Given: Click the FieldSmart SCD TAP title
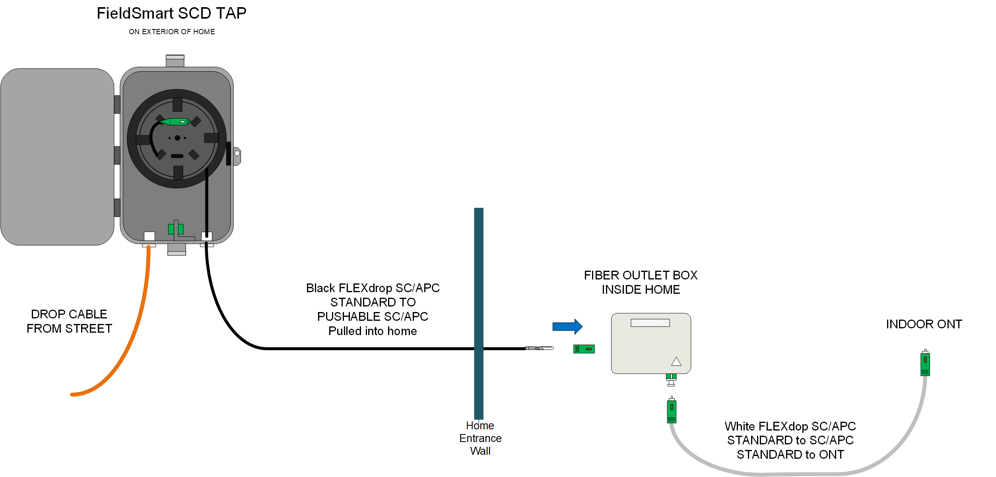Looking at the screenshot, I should (171, 14).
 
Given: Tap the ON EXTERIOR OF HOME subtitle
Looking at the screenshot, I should (172, 32).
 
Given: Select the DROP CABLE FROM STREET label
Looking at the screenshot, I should (69, 321).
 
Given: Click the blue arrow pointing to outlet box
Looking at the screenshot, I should (567, 327).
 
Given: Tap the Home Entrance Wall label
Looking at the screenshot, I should (480, 438).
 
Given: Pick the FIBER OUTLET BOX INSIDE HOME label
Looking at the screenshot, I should (641, 282).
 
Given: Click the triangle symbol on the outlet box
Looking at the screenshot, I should (676, 362).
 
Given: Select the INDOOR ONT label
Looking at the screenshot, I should (924, 324).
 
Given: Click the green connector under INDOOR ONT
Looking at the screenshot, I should (925, 364).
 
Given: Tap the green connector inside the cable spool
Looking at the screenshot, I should (177, 122).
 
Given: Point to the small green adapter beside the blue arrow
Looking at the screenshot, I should (584, 349).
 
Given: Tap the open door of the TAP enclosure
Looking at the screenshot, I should (57, 157).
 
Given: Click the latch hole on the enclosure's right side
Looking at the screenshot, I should (237, 153).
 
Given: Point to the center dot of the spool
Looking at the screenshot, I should (177, 138).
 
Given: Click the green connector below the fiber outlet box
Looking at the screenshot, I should (672, 411).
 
